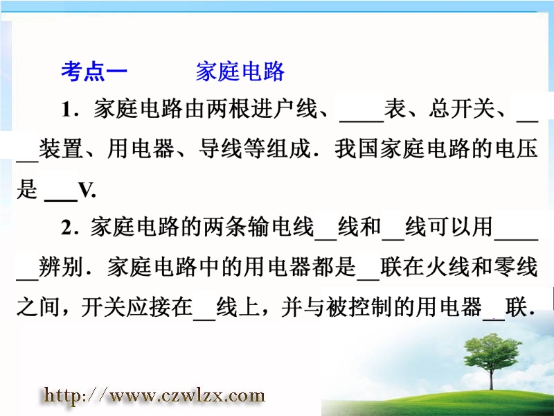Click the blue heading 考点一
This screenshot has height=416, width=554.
point(94,71)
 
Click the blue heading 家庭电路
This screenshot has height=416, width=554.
point(240,71)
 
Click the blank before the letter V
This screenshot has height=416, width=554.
point(61,200)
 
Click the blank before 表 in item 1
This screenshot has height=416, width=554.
point(361,121)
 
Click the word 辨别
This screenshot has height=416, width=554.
point(61,267)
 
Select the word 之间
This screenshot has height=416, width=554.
point(38,306)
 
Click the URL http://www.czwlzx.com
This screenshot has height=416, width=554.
point(154,395)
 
